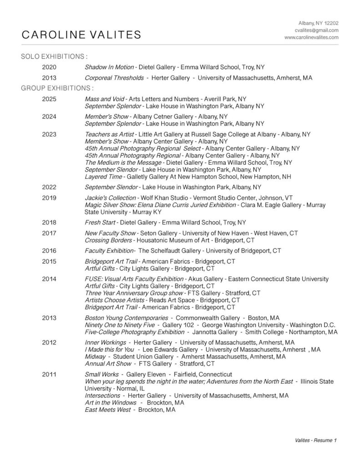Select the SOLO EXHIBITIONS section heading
(54, 57)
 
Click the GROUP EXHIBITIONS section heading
(57, 87)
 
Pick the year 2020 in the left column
(49, 67)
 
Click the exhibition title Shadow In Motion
(109, 67)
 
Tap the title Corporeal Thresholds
(114, 78)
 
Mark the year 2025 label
(49, 99)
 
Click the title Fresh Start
(100, 223)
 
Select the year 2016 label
(49, 251)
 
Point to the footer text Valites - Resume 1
(316, 441)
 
